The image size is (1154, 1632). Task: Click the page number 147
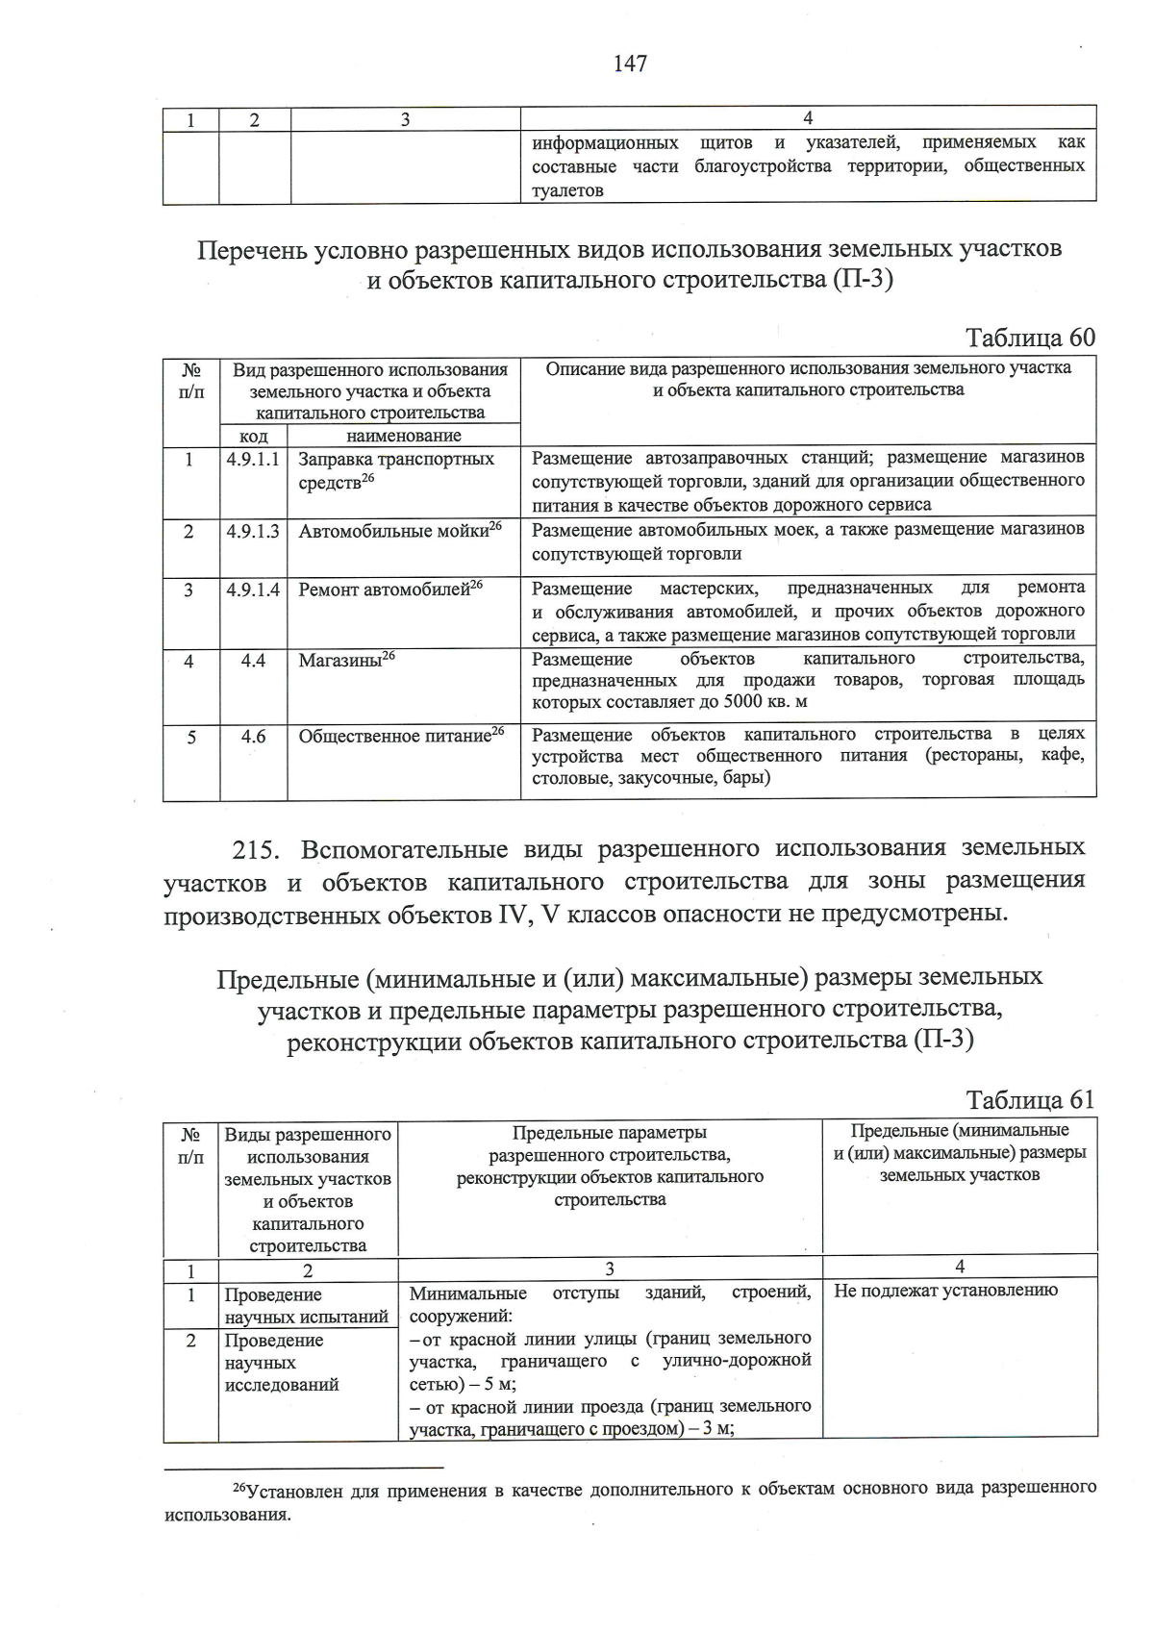(x=630, y=63)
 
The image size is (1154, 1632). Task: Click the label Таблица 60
(x=1030, y=338)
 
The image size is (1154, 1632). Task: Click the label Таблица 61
(x=1030, y=1100)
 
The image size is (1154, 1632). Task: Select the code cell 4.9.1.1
(x=253, y=460)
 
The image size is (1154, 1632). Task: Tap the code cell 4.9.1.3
(x=253, y=531)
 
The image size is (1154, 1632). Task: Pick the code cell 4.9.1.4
(x=253, y=590)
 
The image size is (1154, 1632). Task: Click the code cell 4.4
(x=253, y=661)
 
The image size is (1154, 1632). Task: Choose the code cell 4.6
(x=253, y=737)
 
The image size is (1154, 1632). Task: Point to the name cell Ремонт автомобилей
(x=389, y=590)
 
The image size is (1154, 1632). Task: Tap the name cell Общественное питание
(x=401, y=737)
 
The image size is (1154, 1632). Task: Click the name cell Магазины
(x=346, y=661)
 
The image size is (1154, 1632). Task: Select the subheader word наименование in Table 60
(x=403, y=436)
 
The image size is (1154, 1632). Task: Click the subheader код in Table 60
(x=253, y=436)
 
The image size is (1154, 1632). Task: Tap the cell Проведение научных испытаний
(x=306, y=1306)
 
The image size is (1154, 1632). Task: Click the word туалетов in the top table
(x=567, y=190)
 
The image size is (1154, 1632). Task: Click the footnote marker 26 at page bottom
(x=241, y=1487)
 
